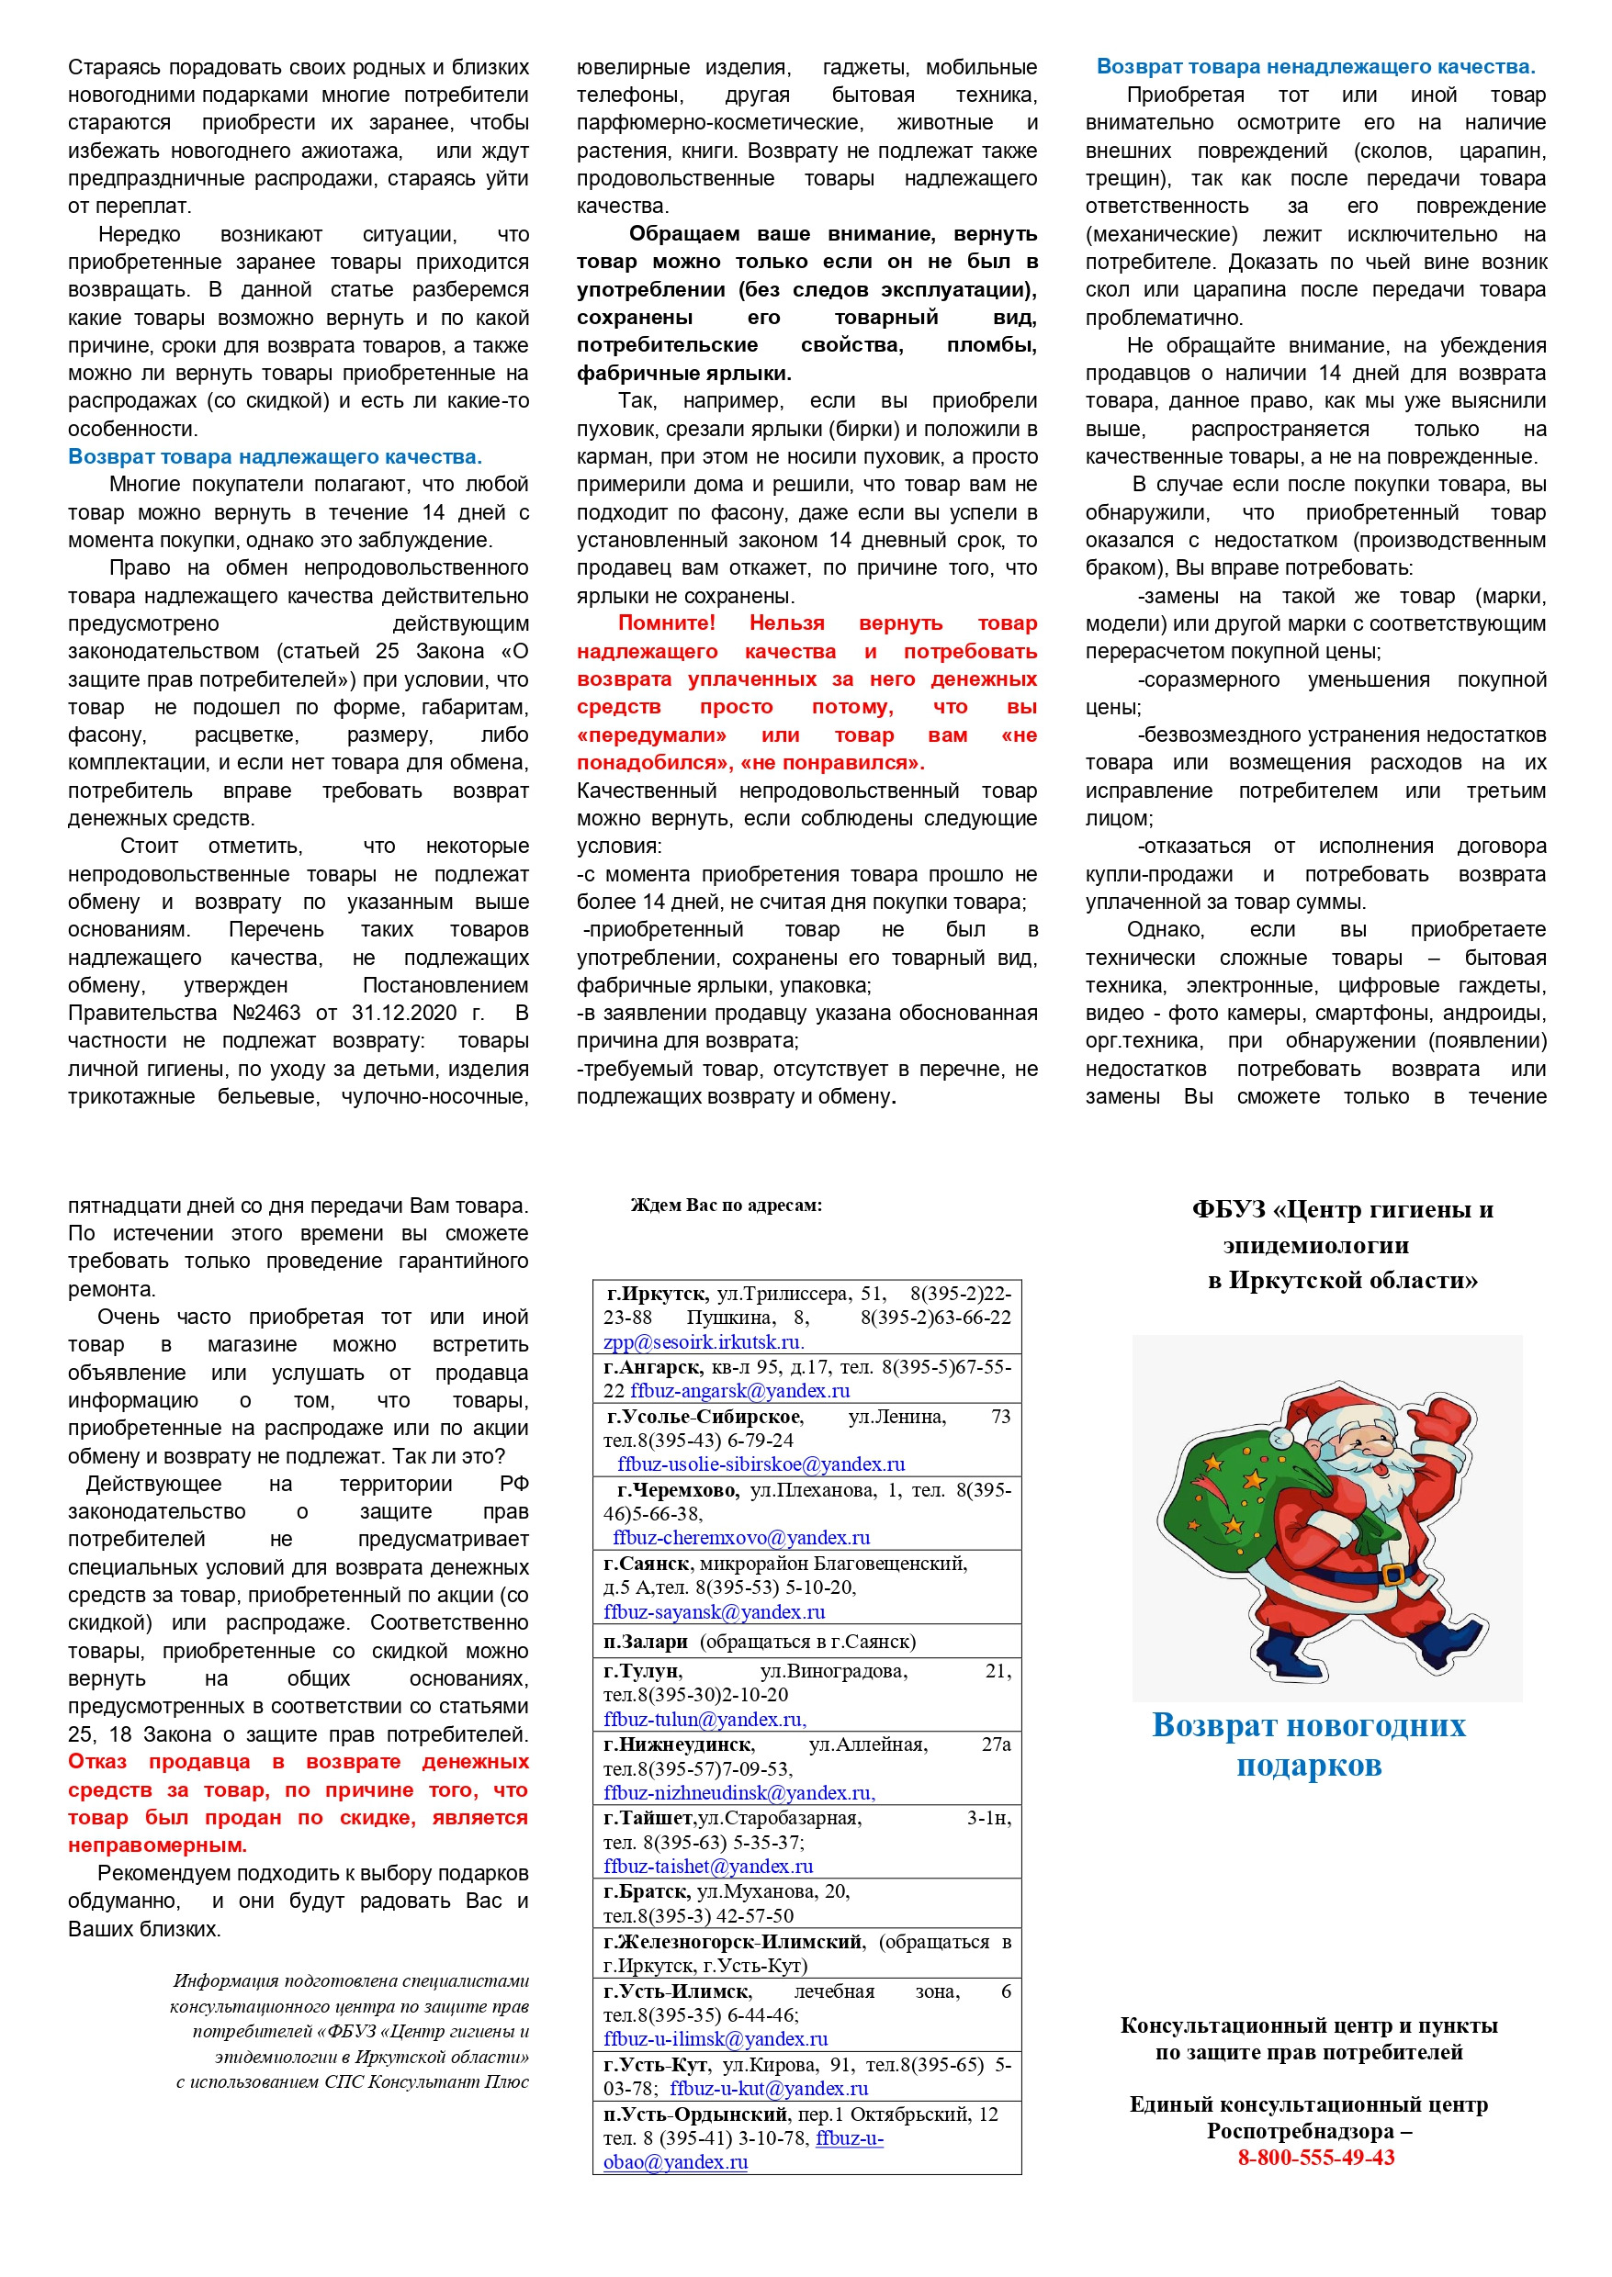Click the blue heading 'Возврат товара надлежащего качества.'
click(274, 456)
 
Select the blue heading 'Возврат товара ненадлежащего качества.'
click(1315, 66)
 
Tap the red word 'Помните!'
click(666, 623)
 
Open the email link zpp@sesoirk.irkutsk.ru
click(703, 1342)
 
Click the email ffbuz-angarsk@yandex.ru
click(739, 1391)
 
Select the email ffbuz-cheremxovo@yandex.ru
click(740, 1538)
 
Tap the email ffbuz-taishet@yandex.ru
click(708, 1867)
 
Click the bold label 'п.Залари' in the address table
click(647, 1642)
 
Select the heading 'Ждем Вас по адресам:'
click(726, 1206)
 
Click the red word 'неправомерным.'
click(158, 1845)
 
